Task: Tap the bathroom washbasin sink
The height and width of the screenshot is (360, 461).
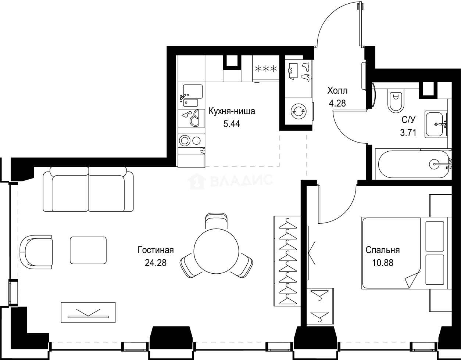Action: click(436, 124)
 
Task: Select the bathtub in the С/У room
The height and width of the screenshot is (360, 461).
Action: click(412, 164)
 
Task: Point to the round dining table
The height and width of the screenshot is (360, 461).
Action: click(216, 253)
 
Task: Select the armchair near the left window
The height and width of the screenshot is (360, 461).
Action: click(36, 252)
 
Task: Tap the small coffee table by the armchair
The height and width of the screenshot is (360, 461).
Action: click(88, 250)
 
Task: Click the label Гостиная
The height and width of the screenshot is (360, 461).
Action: click(156, 250)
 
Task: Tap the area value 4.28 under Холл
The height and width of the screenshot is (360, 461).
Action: click(337, 103)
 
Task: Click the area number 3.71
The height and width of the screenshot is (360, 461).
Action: click(408, 133)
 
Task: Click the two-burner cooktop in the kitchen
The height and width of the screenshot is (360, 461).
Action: click(191, 140)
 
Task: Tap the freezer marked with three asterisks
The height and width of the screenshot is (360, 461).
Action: click(266, 68)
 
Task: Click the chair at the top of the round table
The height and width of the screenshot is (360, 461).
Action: click(217, 222)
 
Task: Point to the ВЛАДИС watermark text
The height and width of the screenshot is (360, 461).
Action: click(241, 180)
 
